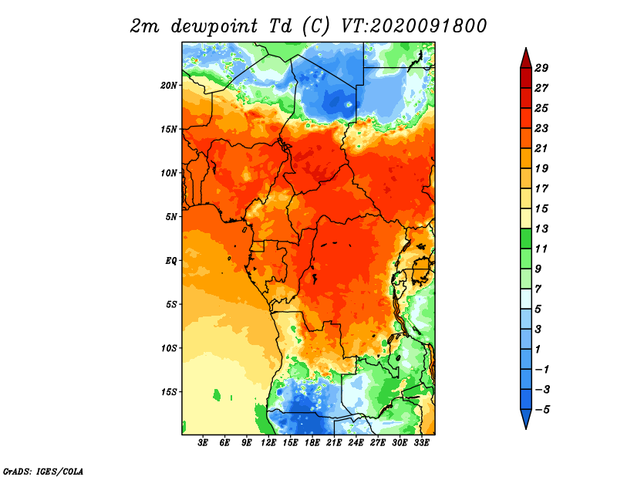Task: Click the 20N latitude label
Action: click(169, 86)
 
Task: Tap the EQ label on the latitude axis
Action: click(170, 261)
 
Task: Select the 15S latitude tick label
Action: click(169, 392)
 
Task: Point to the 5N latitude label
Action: click(171, 217)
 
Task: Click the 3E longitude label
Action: click(203, 443)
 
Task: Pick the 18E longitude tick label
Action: click(312, 443)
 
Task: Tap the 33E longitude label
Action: click(421, 443)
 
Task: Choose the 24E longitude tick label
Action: click(356, 443)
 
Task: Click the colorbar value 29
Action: click(541, 68)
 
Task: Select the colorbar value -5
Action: click(543, 410)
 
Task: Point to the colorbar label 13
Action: click(541, 228)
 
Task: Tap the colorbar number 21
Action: click(541, 148)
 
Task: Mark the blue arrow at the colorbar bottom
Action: click(526, 418)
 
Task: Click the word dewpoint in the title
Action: click(214, 27)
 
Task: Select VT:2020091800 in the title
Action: click(414, 26)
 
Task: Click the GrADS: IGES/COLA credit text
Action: click(43, 471)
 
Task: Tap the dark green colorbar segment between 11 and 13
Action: click(526, 238)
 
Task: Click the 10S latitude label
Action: click(169, 348)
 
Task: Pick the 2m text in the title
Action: click(145, 27)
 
